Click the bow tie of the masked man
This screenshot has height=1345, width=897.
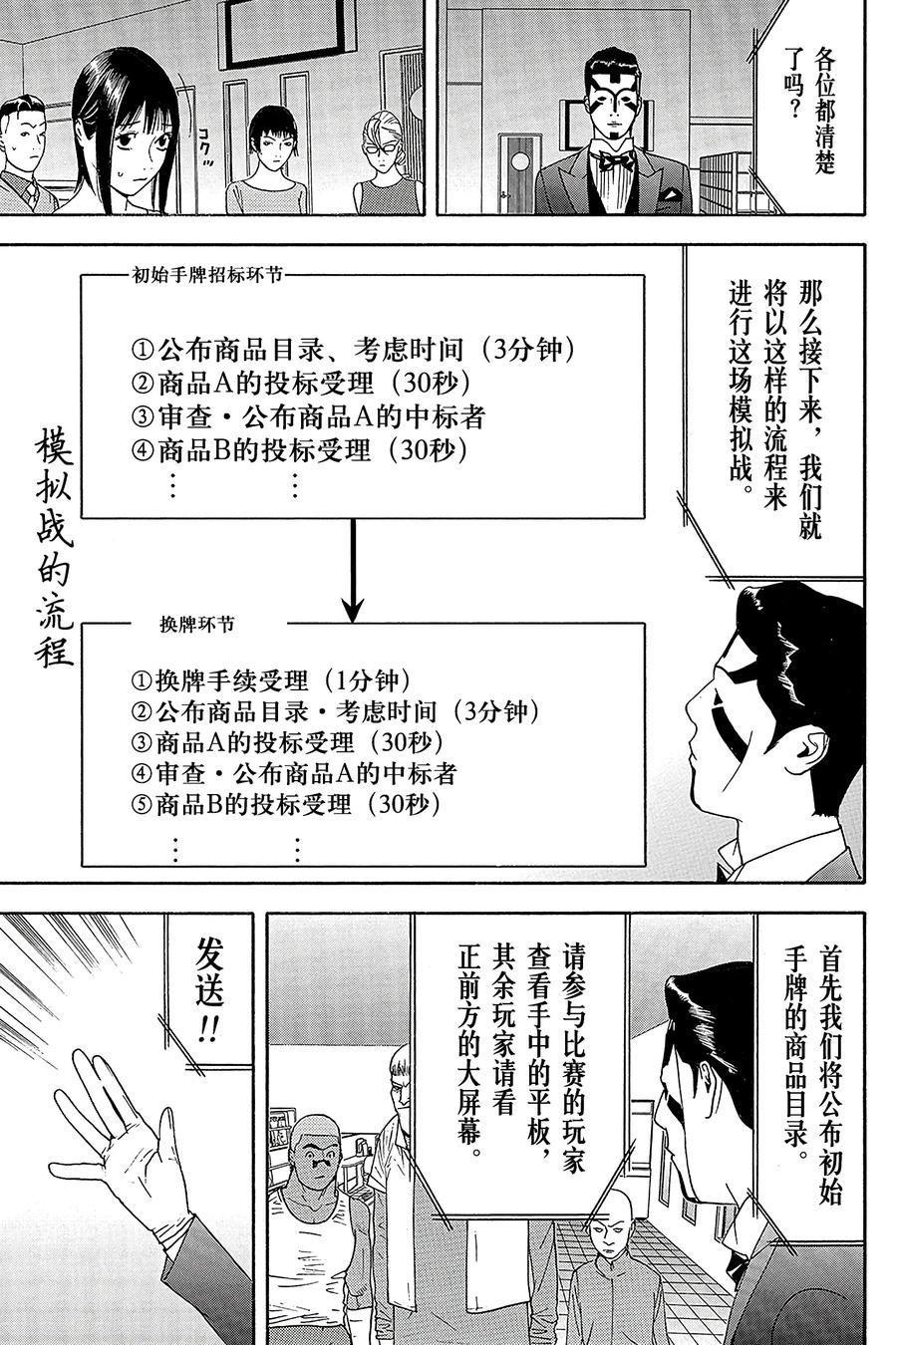pyautogui.click(x=615, y=158)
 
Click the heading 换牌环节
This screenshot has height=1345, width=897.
pyautogui.click(x=197, y=625)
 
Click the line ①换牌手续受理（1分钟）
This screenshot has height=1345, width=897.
pyautogui.click(x=269, y=680)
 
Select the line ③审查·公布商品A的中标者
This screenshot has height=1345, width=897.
pyautogui.click(x=307, y=416)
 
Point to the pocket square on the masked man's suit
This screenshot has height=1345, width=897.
pyautogui.click(x=674, y=195)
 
